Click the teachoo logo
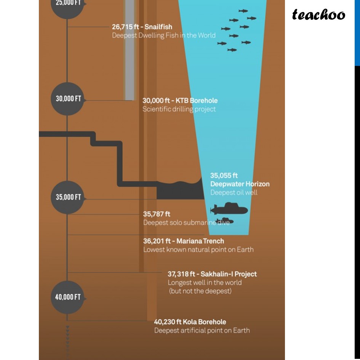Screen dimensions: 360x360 [318, 15]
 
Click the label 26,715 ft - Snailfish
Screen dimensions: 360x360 [142, 27]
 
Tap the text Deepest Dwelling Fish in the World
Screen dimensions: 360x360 [163, 35]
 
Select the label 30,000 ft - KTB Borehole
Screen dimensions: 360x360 [180, 101]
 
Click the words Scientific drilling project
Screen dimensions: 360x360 [179, 109]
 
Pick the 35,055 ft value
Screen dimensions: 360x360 [224, 176]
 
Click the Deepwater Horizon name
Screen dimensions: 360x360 [240, 184]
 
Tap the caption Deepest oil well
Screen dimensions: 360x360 [234, 192]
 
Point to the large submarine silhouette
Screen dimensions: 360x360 [230, 209]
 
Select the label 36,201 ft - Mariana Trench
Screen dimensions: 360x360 [183, 241]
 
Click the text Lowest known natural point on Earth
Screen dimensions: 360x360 [198, 250]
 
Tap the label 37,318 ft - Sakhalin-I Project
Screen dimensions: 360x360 [212, 274]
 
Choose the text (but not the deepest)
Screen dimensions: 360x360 [200, 291]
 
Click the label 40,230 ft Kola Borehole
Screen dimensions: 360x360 [190, 322]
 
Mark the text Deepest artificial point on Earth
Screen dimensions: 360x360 [202, 331]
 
